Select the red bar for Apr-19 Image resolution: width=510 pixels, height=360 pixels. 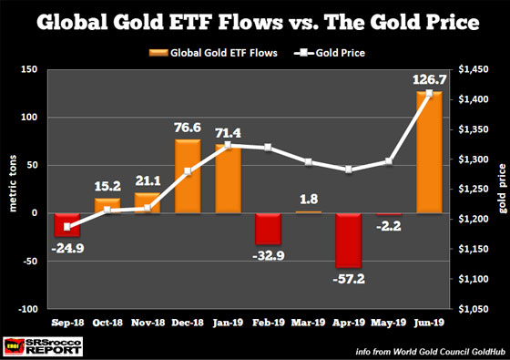[x=350, y=240]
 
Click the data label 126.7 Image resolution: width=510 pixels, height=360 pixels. [x=428, y=80]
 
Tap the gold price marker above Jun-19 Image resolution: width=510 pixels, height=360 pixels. [x=428, y=93]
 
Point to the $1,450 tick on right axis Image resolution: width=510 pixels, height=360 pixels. [x=472, y=70]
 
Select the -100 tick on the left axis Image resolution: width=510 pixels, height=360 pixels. [x=41, y=308]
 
